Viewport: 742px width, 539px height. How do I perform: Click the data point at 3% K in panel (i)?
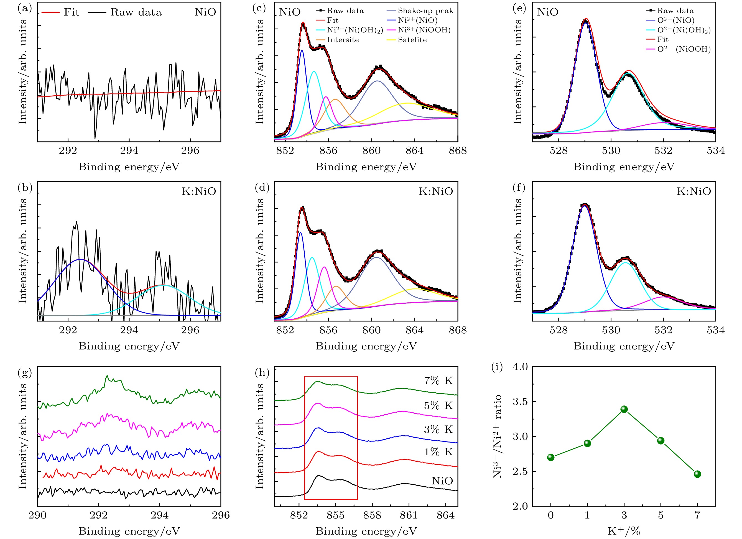point(624,409)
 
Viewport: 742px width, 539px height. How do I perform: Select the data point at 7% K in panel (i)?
point(697,474)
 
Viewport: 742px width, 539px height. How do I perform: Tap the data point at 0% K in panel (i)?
point(551,457)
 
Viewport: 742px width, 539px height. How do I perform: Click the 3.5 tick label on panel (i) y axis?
point(520,402)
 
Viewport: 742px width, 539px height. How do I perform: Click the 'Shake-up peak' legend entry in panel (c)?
point(425,11)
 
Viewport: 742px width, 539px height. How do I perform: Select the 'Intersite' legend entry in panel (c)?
point(343,40)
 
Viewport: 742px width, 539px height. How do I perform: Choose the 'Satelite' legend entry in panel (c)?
point(412,40)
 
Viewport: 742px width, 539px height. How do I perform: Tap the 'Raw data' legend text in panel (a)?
point(136,12)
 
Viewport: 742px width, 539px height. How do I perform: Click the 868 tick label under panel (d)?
point(457,330)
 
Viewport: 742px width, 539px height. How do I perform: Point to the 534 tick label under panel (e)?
point(715,150)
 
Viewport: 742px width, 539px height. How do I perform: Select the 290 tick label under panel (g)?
point(38,515)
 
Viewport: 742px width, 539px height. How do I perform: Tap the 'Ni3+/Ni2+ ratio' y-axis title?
point(497,437)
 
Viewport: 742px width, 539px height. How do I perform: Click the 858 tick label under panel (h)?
point(372,515)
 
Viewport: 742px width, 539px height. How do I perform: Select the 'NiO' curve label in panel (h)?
point(442,481)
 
